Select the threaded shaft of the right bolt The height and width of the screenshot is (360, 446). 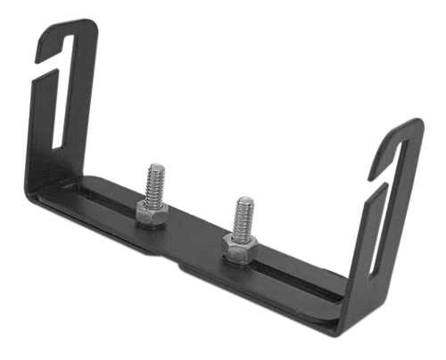[242, 219]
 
